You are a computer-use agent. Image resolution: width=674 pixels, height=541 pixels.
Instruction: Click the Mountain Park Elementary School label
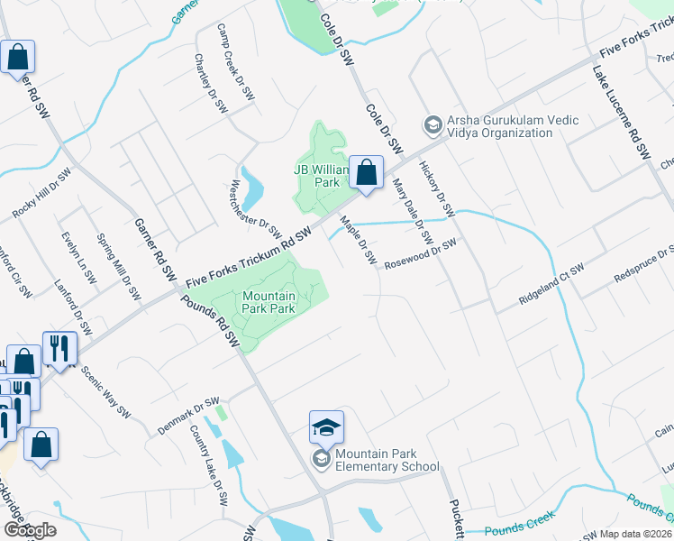(386, 461)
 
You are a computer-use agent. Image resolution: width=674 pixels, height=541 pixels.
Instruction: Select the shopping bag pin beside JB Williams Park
(366, 173)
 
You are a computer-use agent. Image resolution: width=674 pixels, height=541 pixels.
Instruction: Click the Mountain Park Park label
(269, 302)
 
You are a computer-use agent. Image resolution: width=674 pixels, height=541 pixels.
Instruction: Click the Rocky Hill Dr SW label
(41, 193)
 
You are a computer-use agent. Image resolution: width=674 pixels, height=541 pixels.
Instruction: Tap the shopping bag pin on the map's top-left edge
(17, 58)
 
